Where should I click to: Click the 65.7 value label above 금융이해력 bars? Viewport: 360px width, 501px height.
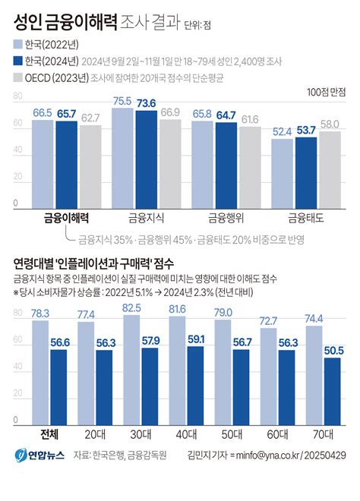pyautogui.click(x=66, y=113)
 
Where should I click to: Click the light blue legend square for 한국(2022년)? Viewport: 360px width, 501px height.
pyautogui.click(x=17, y=44)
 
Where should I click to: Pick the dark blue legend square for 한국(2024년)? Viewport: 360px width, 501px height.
pyautogui.click(x=17, y=61)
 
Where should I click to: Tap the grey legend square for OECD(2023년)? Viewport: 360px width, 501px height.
pyautogui.click(x=17, y=77)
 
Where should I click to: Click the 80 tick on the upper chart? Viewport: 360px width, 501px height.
pyautogui.click(x=17, y=97)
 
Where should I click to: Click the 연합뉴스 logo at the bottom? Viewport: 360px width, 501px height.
pyautogui.click(x=38, y=458)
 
